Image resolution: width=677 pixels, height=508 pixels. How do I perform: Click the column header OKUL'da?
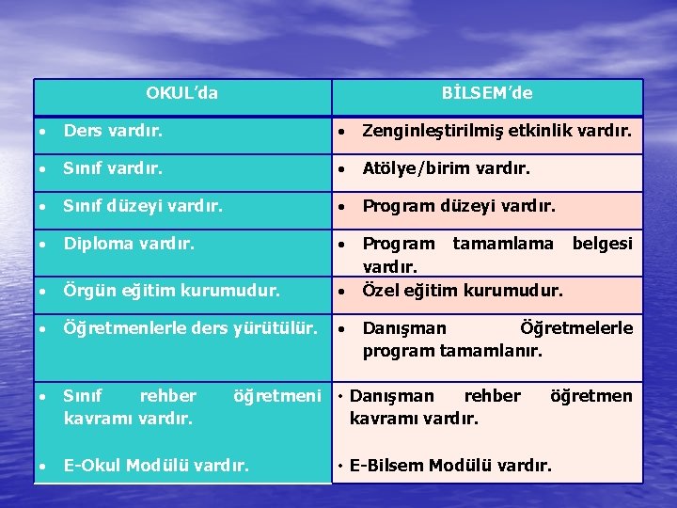coord(182,93)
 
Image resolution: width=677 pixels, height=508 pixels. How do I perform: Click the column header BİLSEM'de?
coord(487,93)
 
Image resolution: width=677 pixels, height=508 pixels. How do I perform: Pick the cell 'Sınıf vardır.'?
coord(113,169)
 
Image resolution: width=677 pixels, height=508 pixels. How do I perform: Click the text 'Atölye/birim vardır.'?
coord(447,169)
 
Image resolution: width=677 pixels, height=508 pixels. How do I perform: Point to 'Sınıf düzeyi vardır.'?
coord(143,206)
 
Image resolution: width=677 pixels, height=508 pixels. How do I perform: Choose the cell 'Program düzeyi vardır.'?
coord(460,206)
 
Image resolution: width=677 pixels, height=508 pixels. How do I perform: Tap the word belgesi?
coord(603,244)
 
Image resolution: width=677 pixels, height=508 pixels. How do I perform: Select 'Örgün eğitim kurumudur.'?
coord(171,291)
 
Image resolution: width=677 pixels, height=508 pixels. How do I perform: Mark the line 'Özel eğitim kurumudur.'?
coord(463,291)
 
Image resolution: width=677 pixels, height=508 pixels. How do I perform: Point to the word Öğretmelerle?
coord(576,328)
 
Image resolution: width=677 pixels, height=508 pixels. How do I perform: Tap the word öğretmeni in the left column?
coord(277,396)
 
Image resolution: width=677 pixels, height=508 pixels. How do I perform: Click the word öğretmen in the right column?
coord(591,396)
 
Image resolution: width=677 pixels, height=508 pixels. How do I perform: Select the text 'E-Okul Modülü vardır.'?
coord(156,465)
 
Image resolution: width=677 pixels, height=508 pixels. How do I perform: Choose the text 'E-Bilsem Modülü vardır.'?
coord(450,465)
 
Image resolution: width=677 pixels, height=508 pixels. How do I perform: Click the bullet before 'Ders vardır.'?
coord(43,134)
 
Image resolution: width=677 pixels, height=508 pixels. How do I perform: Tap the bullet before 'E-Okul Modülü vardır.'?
coord(43,466)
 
